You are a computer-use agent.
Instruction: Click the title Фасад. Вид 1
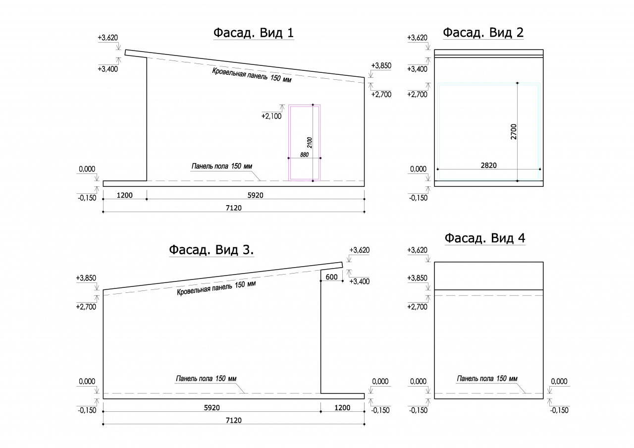click(254, 33)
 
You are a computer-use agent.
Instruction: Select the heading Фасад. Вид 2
click(483, 33)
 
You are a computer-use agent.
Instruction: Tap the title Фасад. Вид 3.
click(211, 250)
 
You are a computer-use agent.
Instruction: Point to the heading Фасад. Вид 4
click(485, 238)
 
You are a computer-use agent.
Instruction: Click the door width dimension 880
click(304, 155)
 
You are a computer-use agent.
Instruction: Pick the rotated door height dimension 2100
click(310, 143)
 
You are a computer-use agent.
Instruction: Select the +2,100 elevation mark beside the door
click(271, 116)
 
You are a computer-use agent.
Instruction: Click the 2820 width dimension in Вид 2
click(489, 166)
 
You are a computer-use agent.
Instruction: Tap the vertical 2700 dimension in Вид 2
click(514, 132)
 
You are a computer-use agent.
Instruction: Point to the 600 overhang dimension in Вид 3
click(331, 277)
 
